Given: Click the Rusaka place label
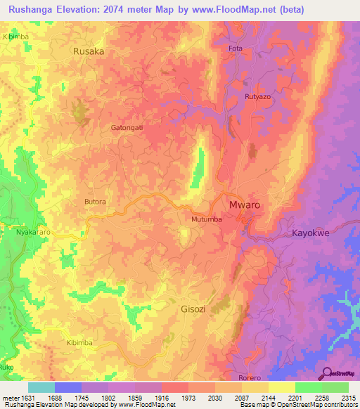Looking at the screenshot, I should click(x=89, y=51).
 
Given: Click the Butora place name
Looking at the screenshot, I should click(x=95, y=202).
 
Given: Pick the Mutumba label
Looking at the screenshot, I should click(x=207, y=219).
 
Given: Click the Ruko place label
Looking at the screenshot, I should click(x=7, y=367).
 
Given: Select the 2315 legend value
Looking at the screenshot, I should click(x=348, y=398).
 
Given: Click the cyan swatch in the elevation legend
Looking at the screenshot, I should click(x=41, y=387).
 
